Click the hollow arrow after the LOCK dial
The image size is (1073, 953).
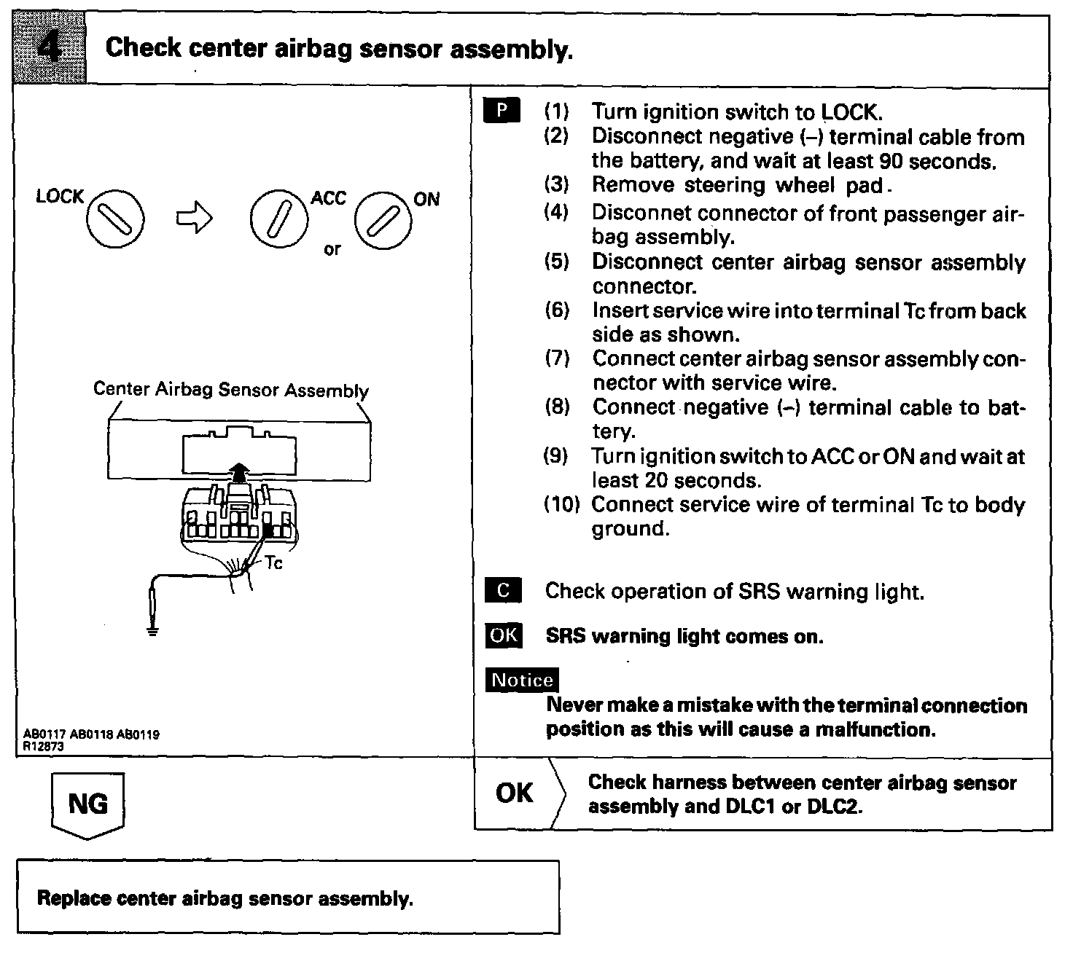pyautogui.click(x=193, y=217)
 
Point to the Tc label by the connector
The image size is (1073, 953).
pyautogui.click(x=274, y=562)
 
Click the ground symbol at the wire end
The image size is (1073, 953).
pyautogui.click(x=152, y=631)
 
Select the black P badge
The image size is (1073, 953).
pyautogui.click(x=502, y=111)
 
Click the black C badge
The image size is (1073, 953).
pyautogui.click(x=503, y=590)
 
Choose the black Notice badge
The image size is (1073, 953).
pyautogui.click(x=523, y=680)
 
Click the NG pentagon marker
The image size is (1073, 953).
pyautogui.click(x=87, y=804)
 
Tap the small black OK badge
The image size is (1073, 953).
pyautogui.click(x=503, y=635)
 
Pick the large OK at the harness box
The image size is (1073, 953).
pyautogui.click(x=515, y=793)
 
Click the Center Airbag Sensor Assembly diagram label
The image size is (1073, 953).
pyautogui.click(x=231, y=390)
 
